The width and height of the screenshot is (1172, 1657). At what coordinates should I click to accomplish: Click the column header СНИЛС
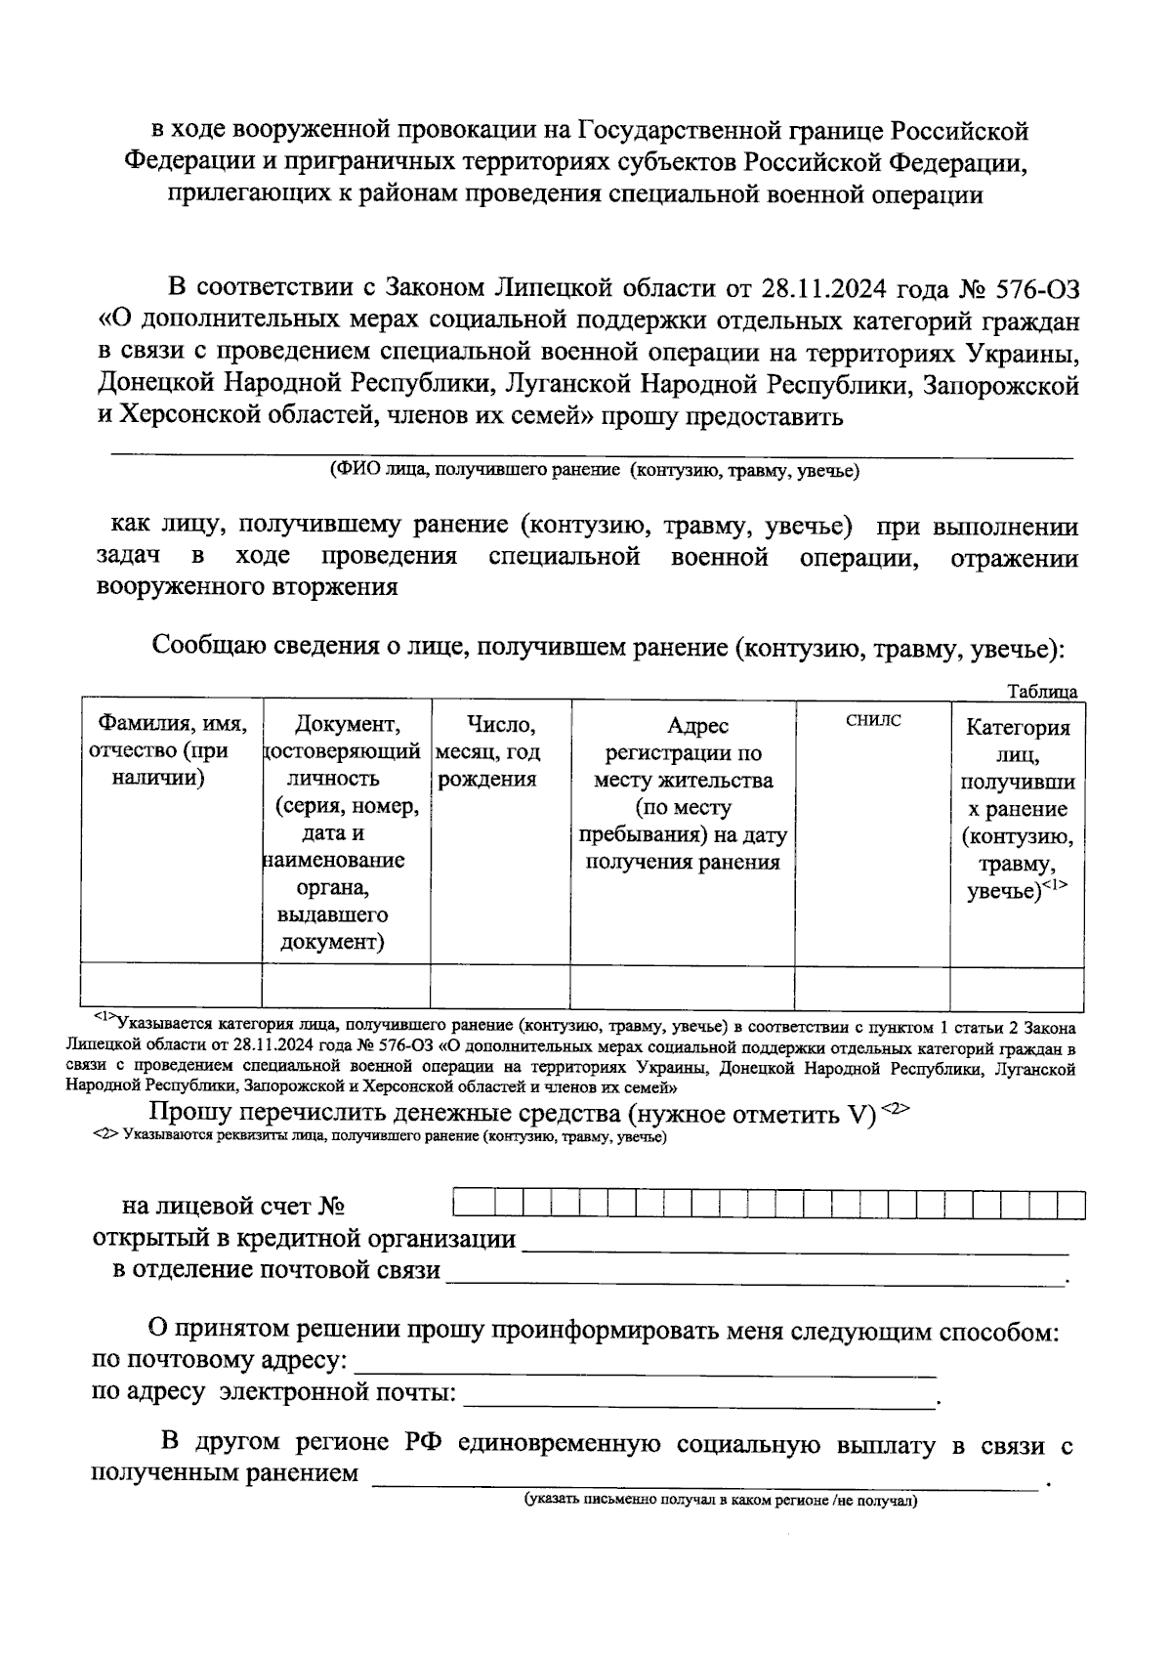pyautogui.click(x=872, y=721)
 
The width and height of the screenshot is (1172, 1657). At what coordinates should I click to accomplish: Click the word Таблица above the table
pyautogui.click(x=1042, y=692)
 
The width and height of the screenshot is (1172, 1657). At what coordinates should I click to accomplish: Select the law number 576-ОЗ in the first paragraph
pyautogui.click(x=1037, y=289)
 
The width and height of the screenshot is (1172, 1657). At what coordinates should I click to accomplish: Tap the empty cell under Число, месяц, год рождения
pyautogui.click(x=500, y=986)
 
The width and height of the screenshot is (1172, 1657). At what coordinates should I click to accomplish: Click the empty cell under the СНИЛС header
pyautogui.click(x=872, y=986)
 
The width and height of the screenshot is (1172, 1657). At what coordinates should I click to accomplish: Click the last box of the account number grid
pyautogui.click(x=1072, y=1206)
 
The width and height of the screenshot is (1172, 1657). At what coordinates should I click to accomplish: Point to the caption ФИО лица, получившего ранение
pyautogui.click(x=594, y=472)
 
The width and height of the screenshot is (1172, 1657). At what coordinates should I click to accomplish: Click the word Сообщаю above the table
pyautogui.click(x=204, y=647)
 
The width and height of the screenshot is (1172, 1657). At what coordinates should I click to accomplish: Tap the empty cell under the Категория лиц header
pyautogui.click(x=1016, y=986)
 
